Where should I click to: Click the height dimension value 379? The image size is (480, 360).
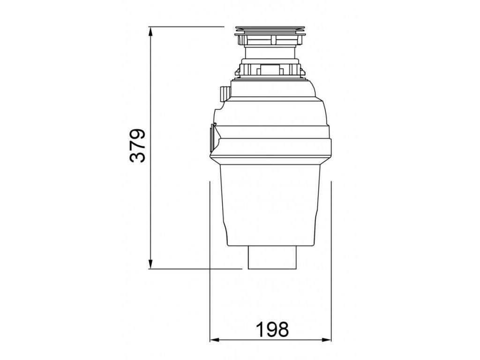point(137,145)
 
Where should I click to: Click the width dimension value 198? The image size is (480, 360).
point(272,330)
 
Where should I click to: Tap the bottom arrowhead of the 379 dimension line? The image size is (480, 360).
point(150,264)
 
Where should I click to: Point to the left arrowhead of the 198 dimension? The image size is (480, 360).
point(215,339)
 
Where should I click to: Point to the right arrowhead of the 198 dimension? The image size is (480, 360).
point(326,339)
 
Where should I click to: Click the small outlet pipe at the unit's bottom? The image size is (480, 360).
point(272,257)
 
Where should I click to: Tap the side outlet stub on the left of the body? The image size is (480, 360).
point(212,138)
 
